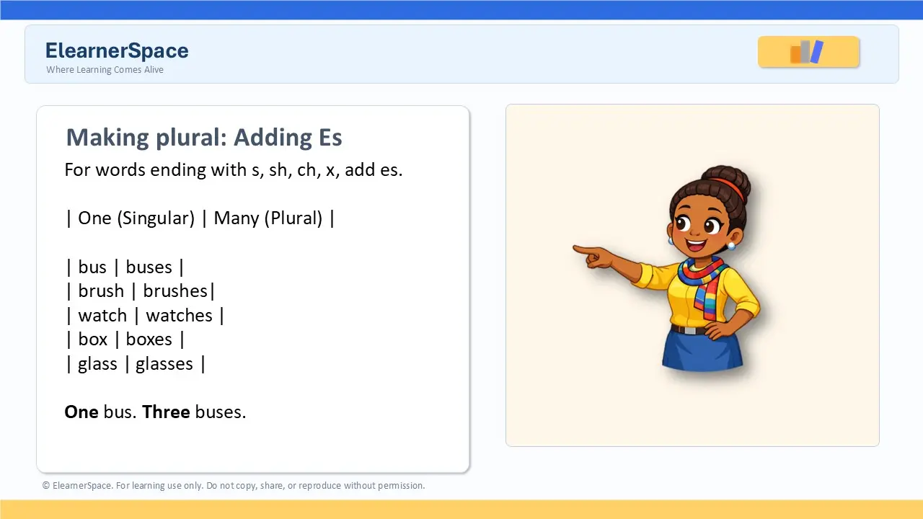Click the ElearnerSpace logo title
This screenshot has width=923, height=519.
coord(117,50)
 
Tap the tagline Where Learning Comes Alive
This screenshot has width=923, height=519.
coord(105,70)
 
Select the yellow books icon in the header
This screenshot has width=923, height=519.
coord(808,52)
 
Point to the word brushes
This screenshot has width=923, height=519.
coord(175,290)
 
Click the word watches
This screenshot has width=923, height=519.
coord(180,316)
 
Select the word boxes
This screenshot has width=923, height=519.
coord(149,340)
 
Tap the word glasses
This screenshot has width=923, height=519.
coord(164,364)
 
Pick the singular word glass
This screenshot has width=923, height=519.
coord(97,364)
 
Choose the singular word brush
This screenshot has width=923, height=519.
coord(101,290)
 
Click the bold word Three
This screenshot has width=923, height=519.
coord(166,412)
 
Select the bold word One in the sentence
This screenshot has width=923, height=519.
coord(81,412)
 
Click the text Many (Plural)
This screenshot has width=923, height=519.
coord(268,218)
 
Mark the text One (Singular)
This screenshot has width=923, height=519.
coord(136,218)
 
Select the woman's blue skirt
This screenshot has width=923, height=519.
coord(702,350)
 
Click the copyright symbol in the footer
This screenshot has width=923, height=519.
coord(45,486)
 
